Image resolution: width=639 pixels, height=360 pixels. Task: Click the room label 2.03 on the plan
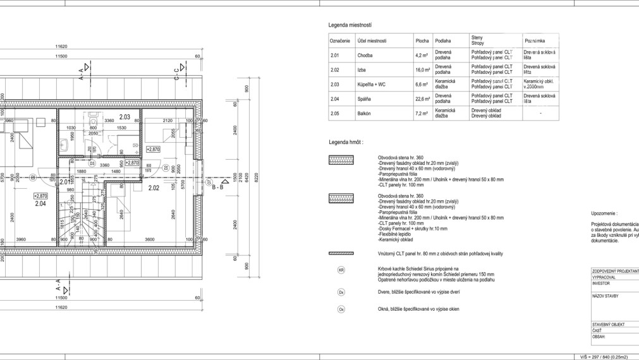click(x=125, y=117)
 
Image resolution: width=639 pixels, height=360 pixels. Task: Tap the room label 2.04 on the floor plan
click(x=40, y=203)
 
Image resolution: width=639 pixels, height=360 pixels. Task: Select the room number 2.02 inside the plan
click(x=153, y=188)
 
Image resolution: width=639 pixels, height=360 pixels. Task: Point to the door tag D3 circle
click(x=92, y=164)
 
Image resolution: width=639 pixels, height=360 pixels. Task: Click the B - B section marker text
click(x=219, y=187)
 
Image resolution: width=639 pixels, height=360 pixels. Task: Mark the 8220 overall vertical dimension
click(x=256, y=179)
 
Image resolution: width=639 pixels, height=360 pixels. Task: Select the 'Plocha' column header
click(x=422, y=40)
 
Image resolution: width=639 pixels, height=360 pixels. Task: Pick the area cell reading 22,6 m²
click(x=422, y=99)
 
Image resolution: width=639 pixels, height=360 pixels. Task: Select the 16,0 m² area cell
click(x=422, y=69)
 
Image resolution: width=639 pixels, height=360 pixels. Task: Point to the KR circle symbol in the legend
click(x=342, y=270)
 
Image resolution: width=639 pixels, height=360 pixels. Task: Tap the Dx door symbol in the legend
click(x=342, y=292)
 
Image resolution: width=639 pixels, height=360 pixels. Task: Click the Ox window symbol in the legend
click(x=342, y=309)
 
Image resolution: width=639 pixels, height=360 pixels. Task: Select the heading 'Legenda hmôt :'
click(x=346, y=143)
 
